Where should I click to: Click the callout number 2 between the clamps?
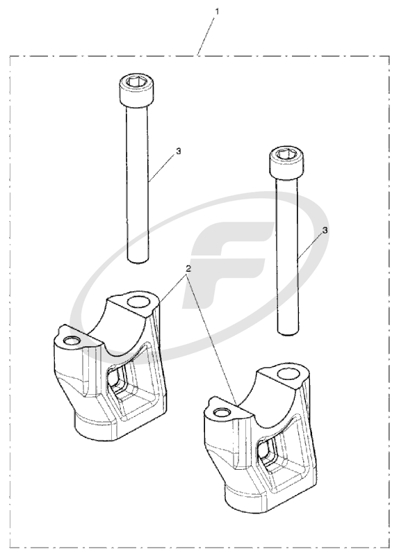188,268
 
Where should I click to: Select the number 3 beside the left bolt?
179,150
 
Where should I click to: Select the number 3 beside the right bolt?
325,229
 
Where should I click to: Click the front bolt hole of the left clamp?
71,340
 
